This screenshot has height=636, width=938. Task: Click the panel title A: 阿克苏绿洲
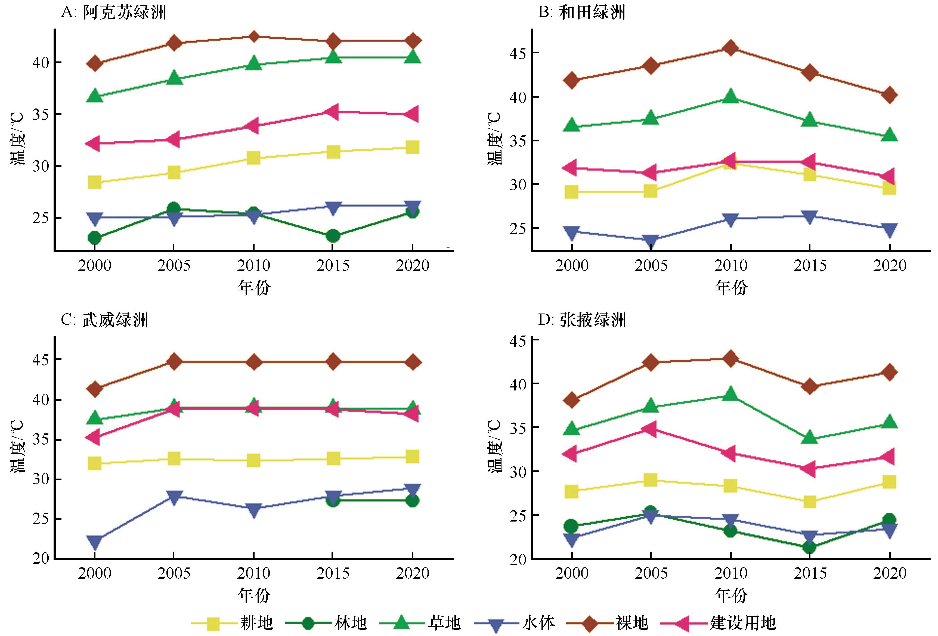click(113, 13)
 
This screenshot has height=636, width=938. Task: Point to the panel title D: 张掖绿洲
click(582, 320)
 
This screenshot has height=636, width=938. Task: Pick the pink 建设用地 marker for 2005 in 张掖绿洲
click(650, 428)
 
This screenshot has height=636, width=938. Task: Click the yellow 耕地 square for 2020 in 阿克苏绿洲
click(412, 147)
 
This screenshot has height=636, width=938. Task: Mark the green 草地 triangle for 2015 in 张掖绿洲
click(810, 438)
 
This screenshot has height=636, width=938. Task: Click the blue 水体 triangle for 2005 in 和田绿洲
click(651, 241)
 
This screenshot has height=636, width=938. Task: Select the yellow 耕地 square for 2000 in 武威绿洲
click(94, 463)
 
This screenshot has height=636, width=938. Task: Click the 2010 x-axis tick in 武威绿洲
click(253, 573)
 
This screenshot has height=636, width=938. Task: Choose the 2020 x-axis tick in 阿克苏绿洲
click(412, 266)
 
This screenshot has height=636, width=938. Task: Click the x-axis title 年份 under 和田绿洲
click(730, 287)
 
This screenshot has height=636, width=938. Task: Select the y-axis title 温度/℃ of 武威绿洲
click(18, 447)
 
